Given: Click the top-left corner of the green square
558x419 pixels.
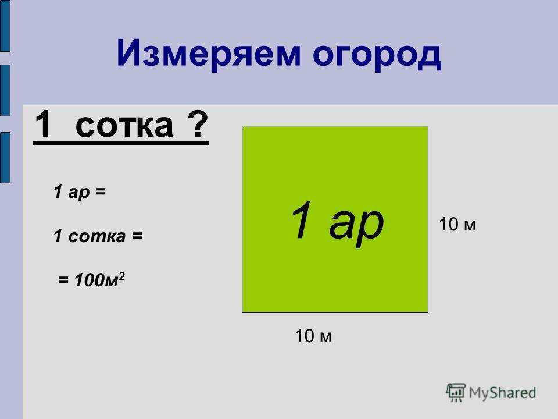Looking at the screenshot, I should click(x=242, y=127).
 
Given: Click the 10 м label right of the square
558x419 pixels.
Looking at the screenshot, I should click(x=457, y=225).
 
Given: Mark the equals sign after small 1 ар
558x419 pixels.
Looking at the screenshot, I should click(x=101, y=192).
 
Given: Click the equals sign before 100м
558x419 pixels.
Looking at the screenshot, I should click(x=62, y=281).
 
